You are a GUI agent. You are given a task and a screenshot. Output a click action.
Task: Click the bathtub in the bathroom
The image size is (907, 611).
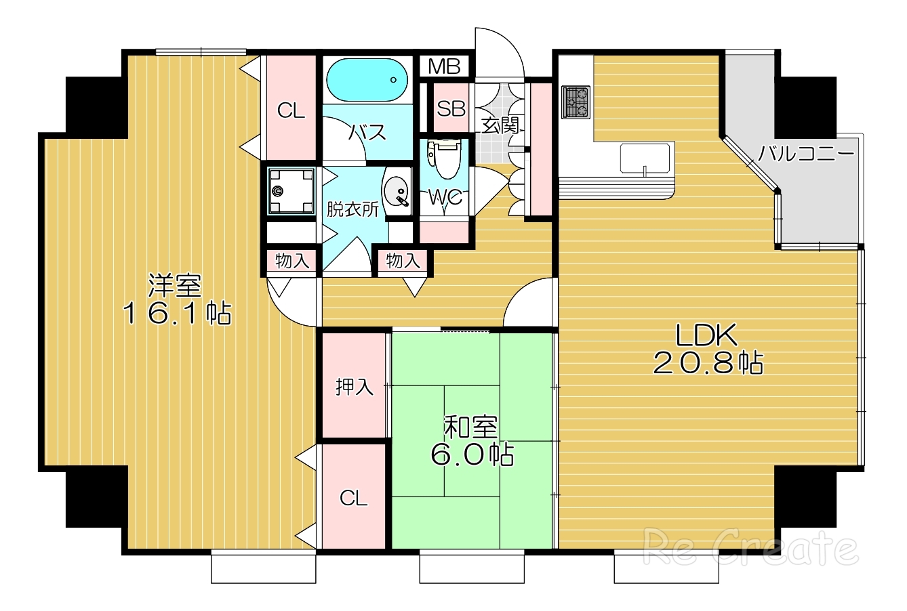coord(367,80)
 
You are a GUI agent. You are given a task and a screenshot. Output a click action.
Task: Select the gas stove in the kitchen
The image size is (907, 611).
coord(576,102)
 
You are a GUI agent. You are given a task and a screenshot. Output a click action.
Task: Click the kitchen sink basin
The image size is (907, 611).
coord(645,159)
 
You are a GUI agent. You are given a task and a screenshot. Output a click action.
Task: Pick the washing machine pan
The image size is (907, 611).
coord(291,191)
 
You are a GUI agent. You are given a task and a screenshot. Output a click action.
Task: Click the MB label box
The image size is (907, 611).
coord(444,66)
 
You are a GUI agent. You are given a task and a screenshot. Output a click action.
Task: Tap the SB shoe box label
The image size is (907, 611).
coord(451,108)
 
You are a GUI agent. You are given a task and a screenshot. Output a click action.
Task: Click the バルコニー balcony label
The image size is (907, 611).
coord(806,154)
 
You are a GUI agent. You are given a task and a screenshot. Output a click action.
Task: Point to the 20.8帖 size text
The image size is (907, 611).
coord(708,363)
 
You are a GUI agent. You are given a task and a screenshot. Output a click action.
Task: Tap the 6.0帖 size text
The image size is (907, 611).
coord(472,455)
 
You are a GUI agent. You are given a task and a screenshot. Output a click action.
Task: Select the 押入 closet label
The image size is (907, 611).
coord(354,387)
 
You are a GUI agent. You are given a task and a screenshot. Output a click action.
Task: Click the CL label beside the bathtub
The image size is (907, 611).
coord(291,110)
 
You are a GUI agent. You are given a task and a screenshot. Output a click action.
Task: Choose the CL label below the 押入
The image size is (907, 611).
coord(353,498)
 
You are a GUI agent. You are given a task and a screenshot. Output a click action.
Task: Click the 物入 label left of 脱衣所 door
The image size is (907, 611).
coord(292,261)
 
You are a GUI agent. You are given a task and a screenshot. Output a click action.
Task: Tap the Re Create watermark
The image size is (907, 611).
coord(750,547)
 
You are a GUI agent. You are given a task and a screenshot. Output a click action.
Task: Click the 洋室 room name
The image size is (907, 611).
coord(174,285)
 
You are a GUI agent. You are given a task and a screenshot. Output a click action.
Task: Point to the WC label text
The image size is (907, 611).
coord(445,198)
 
